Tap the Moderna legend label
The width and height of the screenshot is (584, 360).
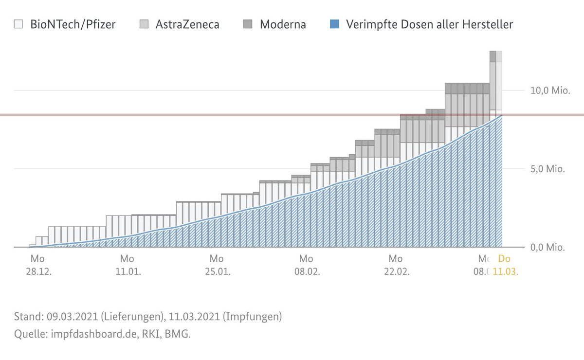tap(283, 24)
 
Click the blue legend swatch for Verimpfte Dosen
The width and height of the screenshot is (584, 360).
tap(334, 24)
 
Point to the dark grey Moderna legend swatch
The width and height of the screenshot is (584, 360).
tap(248, 24)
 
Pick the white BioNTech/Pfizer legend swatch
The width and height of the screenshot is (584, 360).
tap(18, 24)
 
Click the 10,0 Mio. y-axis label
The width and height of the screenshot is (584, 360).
tap(547, 91)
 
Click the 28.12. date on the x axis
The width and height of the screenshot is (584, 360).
tap(39, 271)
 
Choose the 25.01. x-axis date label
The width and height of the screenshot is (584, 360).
tap(218, 271)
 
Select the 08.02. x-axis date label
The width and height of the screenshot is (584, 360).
tap(307, 271)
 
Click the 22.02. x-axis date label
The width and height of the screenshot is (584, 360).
tap(397, 271)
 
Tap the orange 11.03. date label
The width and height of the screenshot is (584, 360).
tap(505, 271)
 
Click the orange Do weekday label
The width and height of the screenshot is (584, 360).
tap(504, 259)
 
